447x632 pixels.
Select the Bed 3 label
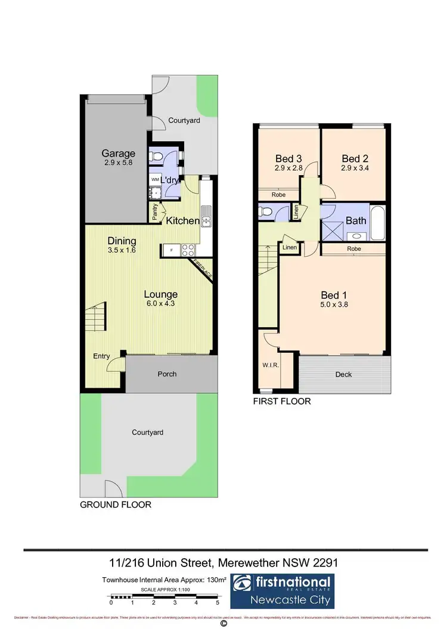288,158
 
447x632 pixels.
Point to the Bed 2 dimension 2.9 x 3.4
355,169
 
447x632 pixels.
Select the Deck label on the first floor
343,374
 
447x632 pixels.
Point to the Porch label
167,374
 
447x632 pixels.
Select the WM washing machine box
154,179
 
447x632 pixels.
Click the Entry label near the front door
101,356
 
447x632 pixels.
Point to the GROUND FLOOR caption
116,505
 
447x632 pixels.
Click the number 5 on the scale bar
218,603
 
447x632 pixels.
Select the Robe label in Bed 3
278,194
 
